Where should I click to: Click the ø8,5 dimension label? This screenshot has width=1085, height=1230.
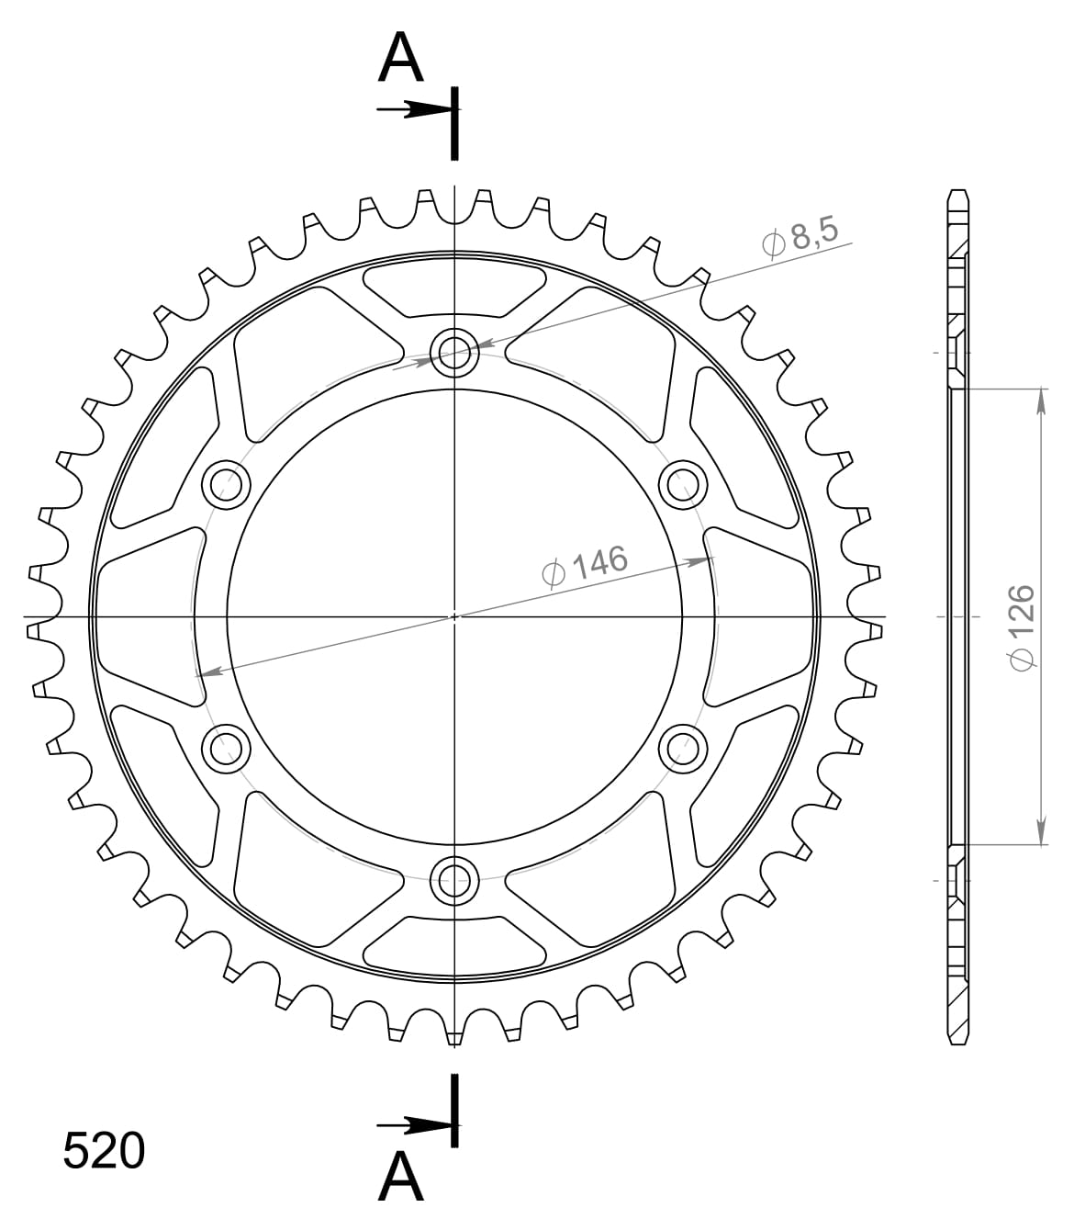pyautogui.click(x=800, y=236)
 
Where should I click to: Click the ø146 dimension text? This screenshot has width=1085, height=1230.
pyautogui.click(x=585, y=566)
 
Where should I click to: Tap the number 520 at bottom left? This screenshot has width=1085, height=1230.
pyautogui.click(x=104, y=1151)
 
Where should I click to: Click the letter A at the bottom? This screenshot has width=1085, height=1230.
pyautogui.click(x=401, y=1178)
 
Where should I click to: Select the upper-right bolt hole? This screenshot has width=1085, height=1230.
pyautogui.click(x=684, y=484)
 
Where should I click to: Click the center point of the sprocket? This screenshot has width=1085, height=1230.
pyautogui.click(x=454, y=616)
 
